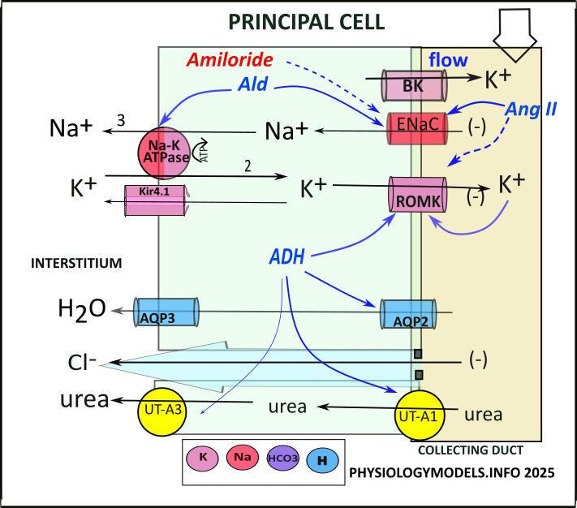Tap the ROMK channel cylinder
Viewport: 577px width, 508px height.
click(416, 196)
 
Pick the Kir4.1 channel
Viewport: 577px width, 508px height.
click(154, 200)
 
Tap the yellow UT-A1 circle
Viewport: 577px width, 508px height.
click(420, 416)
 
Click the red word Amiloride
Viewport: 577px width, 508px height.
click(229, 60)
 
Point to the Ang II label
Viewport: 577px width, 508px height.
click(530, 107)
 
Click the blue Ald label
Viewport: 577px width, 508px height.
click(254, 84)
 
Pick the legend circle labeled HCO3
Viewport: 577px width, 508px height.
click(281, 459)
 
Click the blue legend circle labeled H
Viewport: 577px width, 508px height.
click(322, 460)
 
